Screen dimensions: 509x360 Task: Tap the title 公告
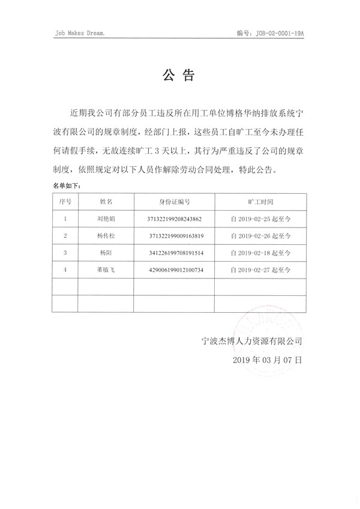coord(179,76)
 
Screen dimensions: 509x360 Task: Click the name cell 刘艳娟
coord(106,219)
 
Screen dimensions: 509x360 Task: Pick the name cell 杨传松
coord(106,236)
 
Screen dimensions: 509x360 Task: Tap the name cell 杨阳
coord(106,253)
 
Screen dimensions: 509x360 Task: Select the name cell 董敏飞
coord(106,271)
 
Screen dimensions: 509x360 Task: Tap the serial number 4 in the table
coord(65,271)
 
